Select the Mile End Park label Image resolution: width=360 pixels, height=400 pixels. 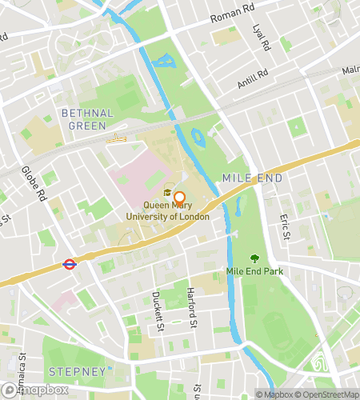click(x=255, y=271)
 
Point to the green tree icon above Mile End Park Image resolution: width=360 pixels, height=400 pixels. click(x=255, y=258)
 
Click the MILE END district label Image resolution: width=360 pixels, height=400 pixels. click(x=252, y=178)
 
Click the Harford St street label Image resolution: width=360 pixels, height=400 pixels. click(x=190, y=308)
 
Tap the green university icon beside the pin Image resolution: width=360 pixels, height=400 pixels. click(x=168, y=192)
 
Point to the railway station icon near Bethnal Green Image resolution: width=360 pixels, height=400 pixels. click(x=117, y=139)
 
